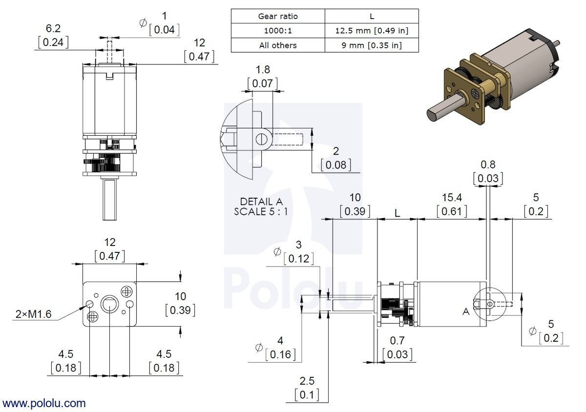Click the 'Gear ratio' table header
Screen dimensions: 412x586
coord(277,16)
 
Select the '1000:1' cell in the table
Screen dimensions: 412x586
coord(277,31)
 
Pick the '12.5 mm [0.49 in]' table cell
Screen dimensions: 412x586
coord(372,31)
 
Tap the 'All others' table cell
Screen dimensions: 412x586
coord(277,45)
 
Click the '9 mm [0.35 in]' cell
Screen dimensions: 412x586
coord(372,45)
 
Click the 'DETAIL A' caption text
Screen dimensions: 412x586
coord(261,202)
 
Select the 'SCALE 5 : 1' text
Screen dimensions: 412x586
coord(261,211)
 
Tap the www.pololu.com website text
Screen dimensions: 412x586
coord(44,404)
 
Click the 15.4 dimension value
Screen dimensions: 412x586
coord(452,197)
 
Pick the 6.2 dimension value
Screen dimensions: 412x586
coord(53,28)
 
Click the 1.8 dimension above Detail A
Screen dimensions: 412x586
coord(263,69)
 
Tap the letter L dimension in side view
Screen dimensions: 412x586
coord(398,213)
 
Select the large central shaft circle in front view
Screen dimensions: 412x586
coord(109,305)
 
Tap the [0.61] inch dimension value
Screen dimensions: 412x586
coord(452,211)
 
